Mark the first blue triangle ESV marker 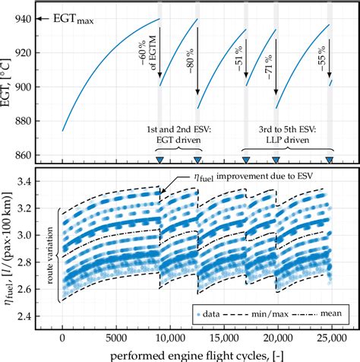pos(159,160)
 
